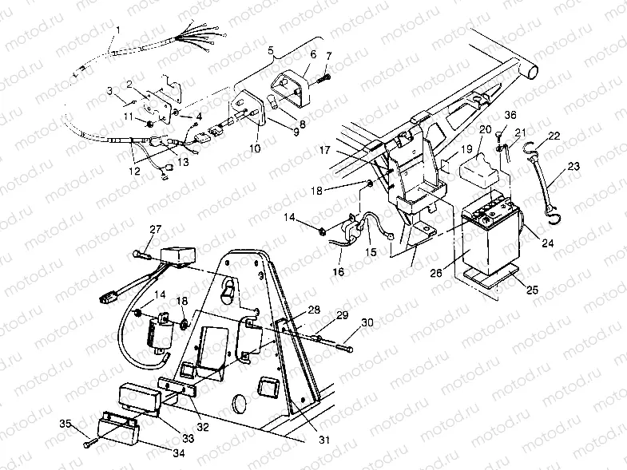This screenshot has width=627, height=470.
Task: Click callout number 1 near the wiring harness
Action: tap(117, 32)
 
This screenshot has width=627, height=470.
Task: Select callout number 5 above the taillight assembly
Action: tap(271, 50)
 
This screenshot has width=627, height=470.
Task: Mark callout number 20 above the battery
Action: tap(485, 128)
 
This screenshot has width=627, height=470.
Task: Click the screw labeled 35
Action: tap(87, 436)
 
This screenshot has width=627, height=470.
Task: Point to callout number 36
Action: tap(510, 114)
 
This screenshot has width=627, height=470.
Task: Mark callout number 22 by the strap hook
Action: tap(554, 136)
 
